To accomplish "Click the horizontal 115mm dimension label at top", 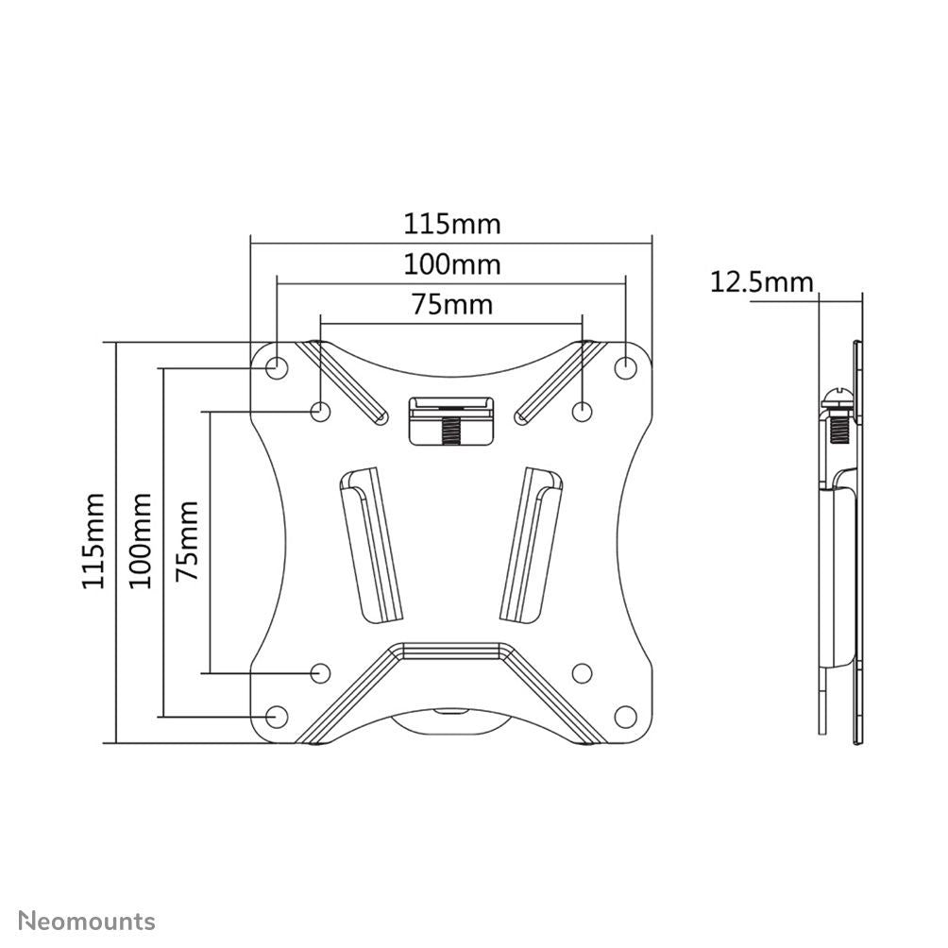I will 452,225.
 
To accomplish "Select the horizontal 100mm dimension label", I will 452,264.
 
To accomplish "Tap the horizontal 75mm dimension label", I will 452,304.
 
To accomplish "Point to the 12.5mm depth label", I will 761,281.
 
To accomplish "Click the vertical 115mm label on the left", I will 93,540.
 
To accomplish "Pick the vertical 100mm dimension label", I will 141,540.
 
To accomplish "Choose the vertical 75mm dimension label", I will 188,540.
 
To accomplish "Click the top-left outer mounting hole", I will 277,366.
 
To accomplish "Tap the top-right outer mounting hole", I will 626,366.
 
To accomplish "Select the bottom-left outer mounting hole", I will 277,717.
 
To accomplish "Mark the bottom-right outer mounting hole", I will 626,717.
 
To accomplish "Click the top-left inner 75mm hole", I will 321,411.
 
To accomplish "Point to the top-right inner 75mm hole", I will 583,411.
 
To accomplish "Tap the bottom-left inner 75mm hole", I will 321,672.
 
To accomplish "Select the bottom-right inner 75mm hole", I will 583,672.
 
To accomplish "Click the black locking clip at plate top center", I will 451,420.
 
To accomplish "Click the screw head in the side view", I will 837,397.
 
